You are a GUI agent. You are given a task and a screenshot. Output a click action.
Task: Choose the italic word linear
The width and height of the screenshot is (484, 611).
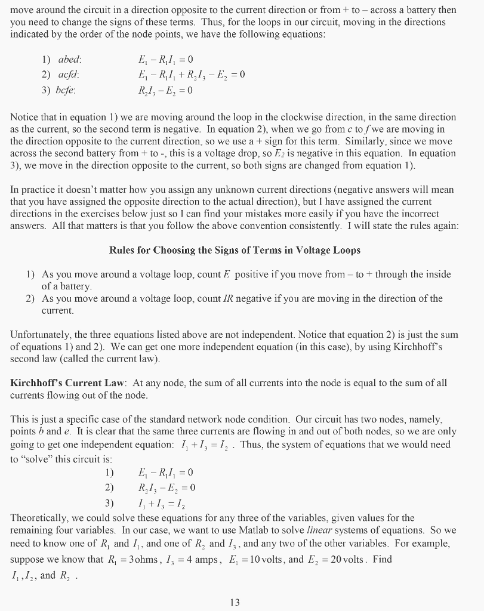click(x=320, y=530)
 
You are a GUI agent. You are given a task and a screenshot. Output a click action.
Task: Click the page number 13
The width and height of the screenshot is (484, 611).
click(x=235, y=603)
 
